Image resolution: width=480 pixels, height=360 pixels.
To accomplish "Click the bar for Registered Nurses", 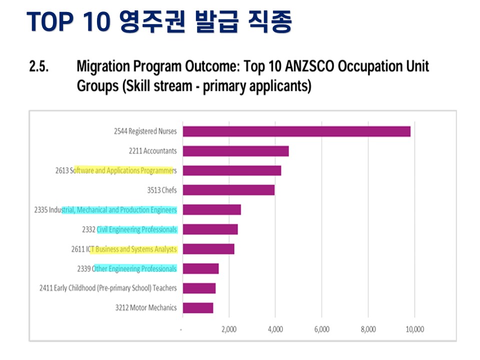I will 296,131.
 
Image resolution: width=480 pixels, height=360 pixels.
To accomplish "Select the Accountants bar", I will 235,151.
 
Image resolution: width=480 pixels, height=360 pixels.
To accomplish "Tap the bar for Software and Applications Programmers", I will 231,170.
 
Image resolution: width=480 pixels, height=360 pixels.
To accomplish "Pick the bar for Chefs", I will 228,190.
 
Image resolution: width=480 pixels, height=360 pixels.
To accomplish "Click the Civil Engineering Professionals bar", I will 210,229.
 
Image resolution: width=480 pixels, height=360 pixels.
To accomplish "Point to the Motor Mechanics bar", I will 198,308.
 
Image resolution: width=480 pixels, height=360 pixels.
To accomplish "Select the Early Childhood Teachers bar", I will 199,288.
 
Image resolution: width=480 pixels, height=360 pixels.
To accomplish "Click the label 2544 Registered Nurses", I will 145,131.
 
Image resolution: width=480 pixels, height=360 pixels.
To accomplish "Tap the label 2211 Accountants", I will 152,151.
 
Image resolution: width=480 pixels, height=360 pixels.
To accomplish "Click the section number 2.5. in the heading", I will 39,66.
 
